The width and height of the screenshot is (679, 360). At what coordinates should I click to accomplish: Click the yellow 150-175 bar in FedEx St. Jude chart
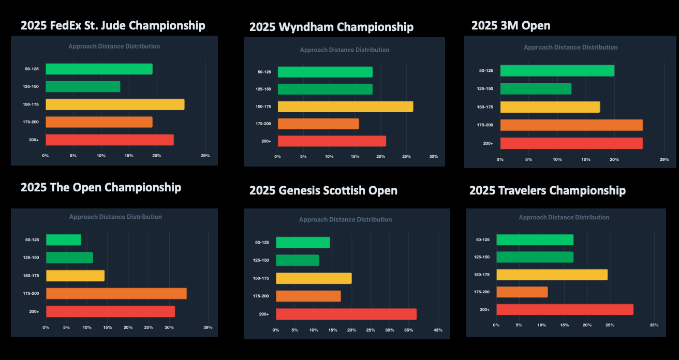tap(115, 104)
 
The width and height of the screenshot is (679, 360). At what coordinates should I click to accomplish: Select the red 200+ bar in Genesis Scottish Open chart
tap(346, 314)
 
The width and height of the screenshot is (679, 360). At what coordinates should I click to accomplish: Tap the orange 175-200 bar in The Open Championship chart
tap(116, 293)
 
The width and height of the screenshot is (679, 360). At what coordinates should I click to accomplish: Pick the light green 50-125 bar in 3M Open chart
tap(557, 70)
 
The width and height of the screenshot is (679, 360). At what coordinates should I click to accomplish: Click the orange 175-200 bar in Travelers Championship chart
tap(522, 292)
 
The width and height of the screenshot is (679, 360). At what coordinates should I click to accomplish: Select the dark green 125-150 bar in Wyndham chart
tap(325, 89)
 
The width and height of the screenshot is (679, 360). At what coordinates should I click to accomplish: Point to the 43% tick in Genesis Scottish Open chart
tap(438, 330)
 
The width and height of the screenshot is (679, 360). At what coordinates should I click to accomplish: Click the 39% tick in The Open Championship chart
tap(208, 327)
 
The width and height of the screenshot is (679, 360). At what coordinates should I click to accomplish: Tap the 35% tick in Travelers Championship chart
tap(654, 325)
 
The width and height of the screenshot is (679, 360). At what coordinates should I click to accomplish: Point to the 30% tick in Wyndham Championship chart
tap(434, 156)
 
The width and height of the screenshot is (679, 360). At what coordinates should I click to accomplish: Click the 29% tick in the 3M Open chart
tap(665, 159)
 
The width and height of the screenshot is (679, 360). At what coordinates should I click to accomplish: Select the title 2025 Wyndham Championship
tap(331, 27)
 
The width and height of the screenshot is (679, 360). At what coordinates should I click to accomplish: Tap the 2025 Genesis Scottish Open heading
tap(323, 190)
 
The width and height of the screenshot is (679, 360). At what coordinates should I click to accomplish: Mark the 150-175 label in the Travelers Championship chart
tap(482, 275)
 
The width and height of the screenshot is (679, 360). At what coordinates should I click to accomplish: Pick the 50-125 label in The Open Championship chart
tap(32, 239)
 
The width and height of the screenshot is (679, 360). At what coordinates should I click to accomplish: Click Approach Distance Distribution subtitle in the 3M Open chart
tap(570, 47)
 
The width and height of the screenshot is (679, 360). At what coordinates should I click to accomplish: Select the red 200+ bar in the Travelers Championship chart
tap(565, 309)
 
